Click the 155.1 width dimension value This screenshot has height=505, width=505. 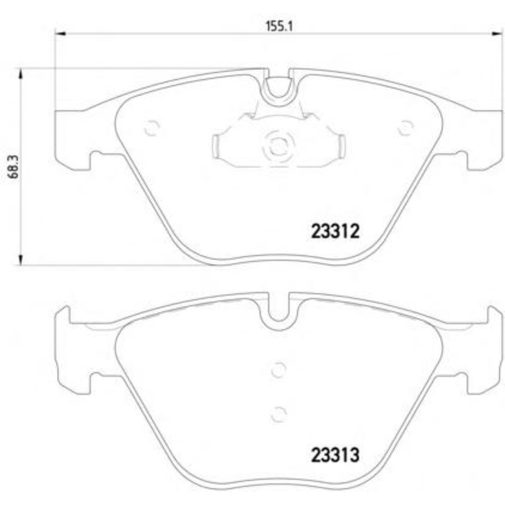click(279, 26)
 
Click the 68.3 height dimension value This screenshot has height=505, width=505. click(14, 167)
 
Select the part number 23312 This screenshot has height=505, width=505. click(335, 232)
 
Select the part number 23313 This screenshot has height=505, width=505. click(335, 455)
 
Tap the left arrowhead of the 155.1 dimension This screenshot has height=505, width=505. click(60, 33)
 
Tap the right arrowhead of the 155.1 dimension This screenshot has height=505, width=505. click(498, 33)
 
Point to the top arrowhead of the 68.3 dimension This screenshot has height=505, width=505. click(21, 74)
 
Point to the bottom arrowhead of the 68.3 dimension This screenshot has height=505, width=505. click(21, 260)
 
